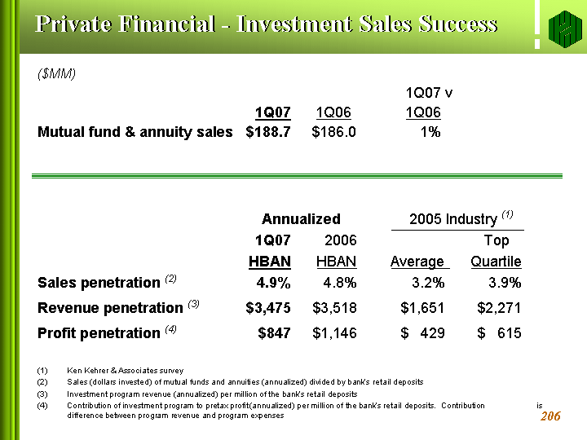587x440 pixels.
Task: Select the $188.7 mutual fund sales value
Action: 268,131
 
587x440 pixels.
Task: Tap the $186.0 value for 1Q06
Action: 334,131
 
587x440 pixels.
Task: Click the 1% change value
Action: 430,131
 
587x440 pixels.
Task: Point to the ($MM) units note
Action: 57,74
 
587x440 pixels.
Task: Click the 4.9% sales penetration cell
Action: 274,283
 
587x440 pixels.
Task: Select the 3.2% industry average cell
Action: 428,283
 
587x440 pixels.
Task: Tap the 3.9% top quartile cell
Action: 504,283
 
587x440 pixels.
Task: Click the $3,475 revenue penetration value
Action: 268,308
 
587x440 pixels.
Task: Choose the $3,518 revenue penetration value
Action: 334,308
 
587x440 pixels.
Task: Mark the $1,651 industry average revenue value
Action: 422,308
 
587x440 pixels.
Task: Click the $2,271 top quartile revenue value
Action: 498,308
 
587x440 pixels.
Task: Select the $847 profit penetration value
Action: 274,333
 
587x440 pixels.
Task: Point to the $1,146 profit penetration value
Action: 334,333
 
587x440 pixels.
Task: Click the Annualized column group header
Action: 301,218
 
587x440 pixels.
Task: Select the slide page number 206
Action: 550,416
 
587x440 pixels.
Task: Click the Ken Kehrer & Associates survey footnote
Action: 126,371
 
